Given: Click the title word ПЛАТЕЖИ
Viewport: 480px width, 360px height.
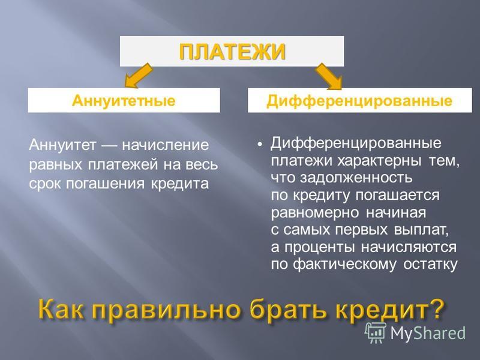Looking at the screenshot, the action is [232, 52].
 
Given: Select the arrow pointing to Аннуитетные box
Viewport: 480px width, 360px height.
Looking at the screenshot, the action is [138, 76].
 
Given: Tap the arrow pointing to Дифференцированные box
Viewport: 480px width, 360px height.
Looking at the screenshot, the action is [329, 76].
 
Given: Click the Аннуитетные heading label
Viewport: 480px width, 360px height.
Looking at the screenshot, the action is [124, 100].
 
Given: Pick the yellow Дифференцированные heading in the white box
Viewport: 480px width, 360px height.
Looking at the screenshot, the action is [359, 101].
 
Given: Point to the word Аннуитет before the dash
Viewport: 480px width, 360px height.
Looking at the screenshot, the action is [63, 145].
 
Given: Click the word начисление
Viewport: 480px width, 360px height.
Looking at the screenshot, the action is [166, 145].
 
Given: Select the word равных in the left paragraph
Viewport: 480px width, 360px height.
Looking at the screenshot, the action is [56, 164].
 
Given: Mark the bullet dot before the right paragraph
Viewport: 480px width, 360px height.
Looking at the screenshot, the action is [260, 144].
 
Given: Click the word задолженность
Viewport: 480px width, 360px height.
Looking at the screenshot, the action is [356, 178].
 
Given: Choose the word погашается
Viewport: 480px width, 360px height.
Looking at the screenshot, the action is [397, 196].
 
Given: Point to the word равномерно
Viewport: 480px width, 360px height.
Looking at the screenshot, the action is [314, 213].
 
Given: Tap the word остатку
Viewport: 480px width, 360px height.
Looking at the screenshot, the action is [430, 265].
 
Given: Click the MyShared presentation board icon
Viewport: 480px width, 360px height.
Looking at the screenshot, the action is [376, 333].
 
